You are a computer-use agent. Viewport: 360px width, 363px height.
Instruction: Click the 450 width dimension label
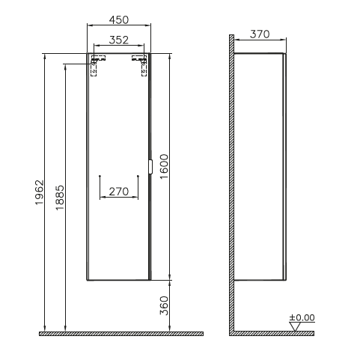click(x=119, y=20)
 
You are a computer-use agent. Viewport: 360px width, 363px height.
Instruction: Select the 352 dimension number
click(x=119, y=40)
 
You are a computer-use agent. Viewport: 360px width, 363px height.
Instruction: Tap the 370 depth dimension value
click(x=260, y=34)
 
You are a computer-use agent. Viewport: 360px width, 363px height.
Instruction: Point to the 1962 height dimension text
click(x=40, y=192)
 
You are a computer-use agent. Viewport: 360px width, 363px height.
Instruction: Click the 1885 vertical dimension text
click(x=60, y=198)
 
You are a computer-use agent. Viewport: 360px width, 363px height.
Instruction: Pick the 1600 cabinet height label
click(x=164, y=166)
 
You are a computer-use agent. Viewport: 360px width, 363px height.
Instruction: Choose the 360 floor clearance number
click(x=164, y=305)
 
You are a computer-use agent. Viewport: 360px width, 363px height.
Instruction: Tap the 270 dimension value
click(x=119, y=192)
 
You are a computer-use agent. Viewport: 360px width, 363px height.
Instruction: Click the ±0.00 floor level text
click(x=302, y=317)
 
